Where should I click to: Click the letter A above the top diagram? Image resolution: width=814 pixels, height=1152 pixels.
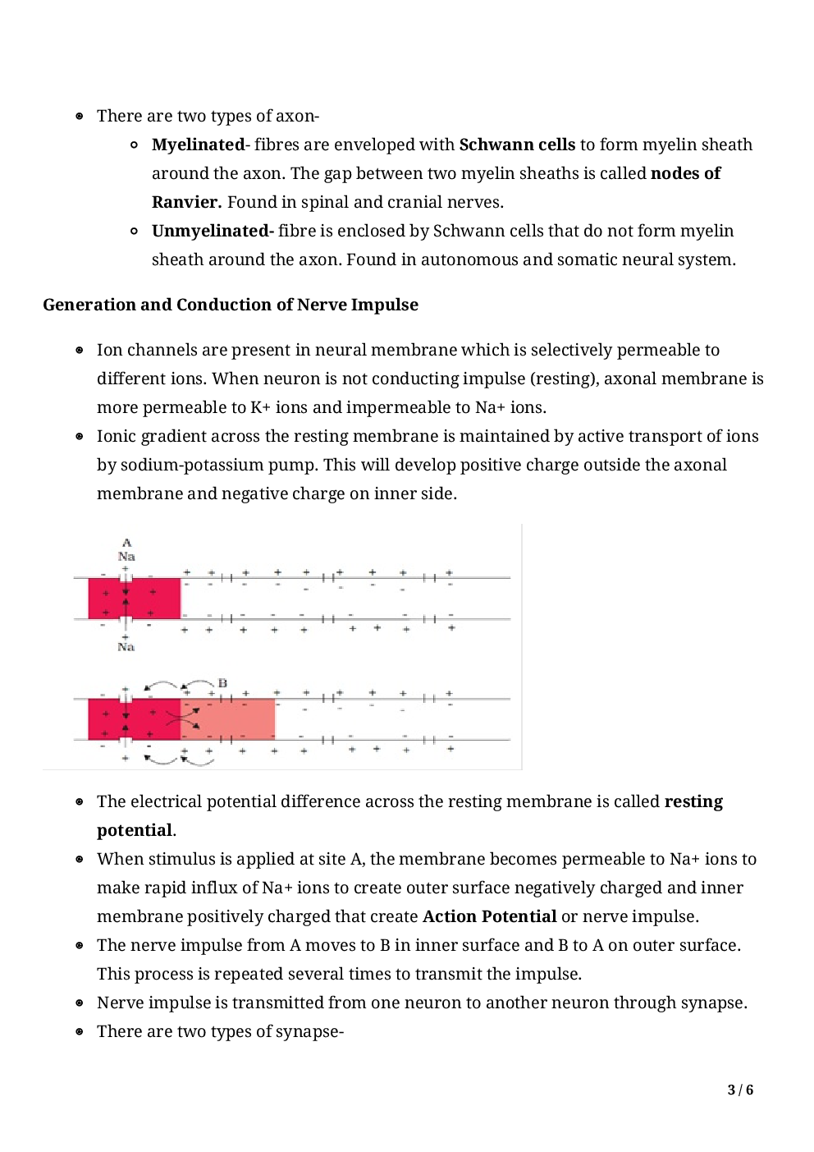click(x=126, y=543)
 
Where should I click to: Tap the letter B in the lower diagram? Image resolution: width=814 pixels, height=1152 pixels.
click(x=222, y=683)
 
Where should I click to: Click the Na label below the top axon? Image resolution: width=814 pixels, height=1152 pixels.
click(x=126, y=647)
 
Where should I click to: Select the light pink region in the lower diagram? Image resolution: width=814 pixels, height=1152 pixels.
click(x=229, y=719)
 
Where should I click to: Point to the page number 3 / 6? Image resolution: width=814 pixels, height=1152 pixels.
click(x=740, y=1090)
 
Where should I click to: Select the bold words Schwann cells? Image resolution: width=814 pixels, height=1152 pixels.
click(x=517, y=145)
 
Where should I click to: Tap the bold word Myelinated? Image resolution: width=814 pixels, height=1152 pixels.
click(x=198, y=145)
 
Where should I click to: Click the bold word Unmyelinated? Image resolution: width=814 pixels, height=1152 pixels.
click(x=211, y=231)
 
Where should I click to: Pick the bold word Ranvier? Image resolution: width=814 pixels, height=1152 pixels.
click(x=186, y=202)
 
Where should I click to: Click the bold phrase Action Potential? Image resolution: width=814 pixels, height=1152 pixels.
click(x=489, y=916)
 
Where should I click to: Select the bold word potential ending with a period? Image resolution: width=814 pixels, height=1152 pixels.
click(x=135, y=830)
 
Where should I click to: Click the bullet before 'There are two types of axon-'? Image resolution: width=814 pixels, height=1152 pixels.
click(x=80, y=117)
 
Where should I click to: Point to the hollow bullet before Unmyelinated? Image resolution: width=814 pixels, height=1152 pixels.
click(x=134, y=232)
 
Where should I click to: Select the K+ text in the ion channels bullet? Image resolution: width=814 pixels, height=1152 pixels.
click(x=260, y=407)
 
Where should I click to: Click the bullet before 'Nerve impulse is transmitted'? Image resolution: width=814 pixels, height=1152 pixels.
click(x=80, y=1003)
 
